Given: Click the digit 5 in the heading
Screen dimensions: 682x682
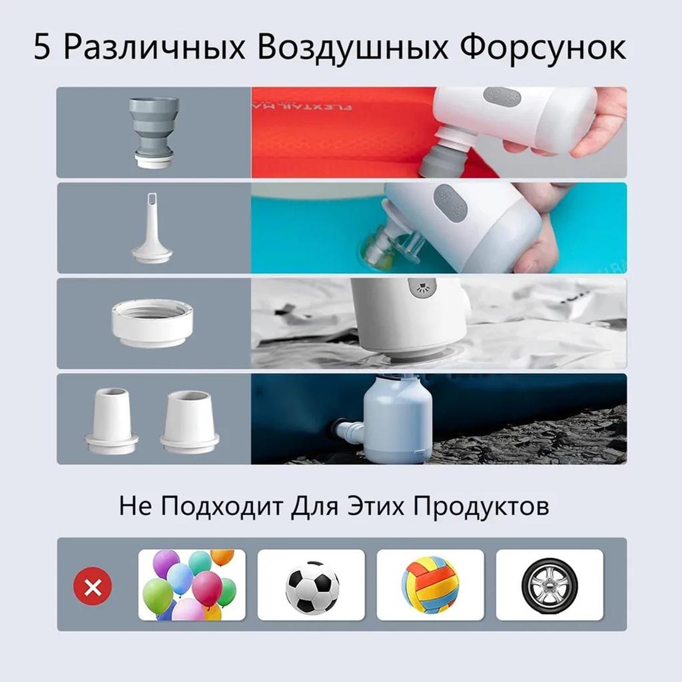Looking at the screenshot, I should point(42,49).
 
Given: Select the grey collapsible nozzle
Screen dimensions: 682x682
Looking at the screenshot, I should point(153,131).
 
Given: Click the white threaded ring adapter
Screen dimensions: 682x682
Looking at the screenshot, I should point(153,322).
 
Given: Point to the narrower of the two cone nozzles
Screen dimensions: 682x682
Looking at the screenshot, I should point(111,420).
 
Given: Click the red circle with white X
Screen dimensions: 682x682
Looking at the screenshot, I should point(93,586).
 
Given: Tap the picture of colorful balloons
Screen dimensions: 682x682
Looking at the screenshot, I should point(191,585).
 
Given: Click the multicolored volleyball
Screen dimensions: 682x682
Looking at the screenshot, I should point(430,585).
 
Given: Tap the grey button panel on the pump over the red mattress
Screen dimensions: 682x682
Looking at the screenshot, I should point(501,96).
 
